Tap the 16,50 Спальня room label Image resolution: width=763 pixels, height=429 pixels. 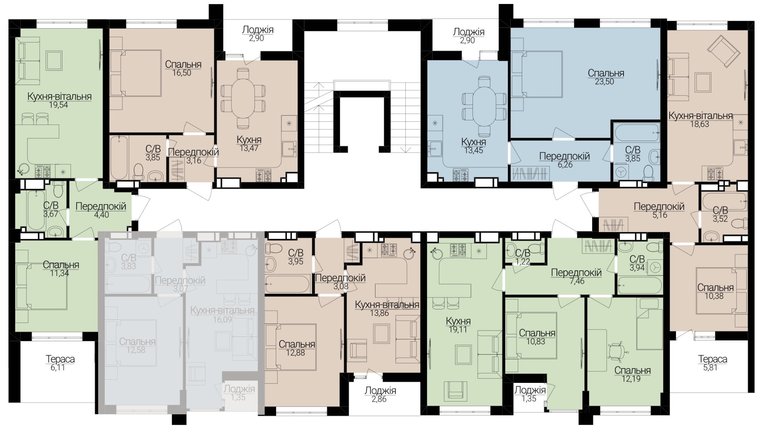tap(183, 68)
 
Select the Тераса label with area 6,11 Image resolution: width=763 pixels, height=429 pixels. tap(60, 363)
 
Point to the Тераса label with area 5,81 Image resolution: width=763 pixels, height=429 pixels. tap(713, 363)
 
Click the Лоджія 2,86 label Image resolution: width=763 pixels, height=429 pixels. tap(380, 394)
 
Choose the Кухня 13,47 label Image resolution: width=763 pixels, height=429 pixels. tap(249, 144)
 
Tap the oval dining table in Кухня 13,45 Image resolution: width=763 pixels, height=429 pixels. tap(484, 106)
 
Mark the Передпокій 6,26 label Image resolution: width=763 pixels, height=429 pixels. tap(564, 160)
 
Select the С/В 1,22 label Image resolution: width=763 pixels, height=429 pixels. tap(523, 257)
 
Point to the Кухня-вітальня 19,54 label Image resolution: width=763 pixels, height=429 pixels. tap(59, 100)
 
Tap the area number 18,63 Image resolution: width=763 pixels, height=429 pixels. tap(700, 124)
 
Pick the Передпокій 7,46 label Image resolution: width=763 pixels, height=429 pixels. tap(576, 277)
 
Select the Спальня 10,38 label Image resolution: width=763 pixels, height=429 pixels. tap(715, 292)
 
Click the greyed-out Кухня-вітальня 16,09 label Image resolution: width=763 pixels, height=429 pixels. tap(222, 314)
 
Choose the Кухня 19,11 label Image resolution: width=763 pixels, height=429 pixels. tap(458, 325)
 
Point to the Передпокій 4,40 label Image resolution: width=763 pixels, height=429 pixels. tap(101, 211)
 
